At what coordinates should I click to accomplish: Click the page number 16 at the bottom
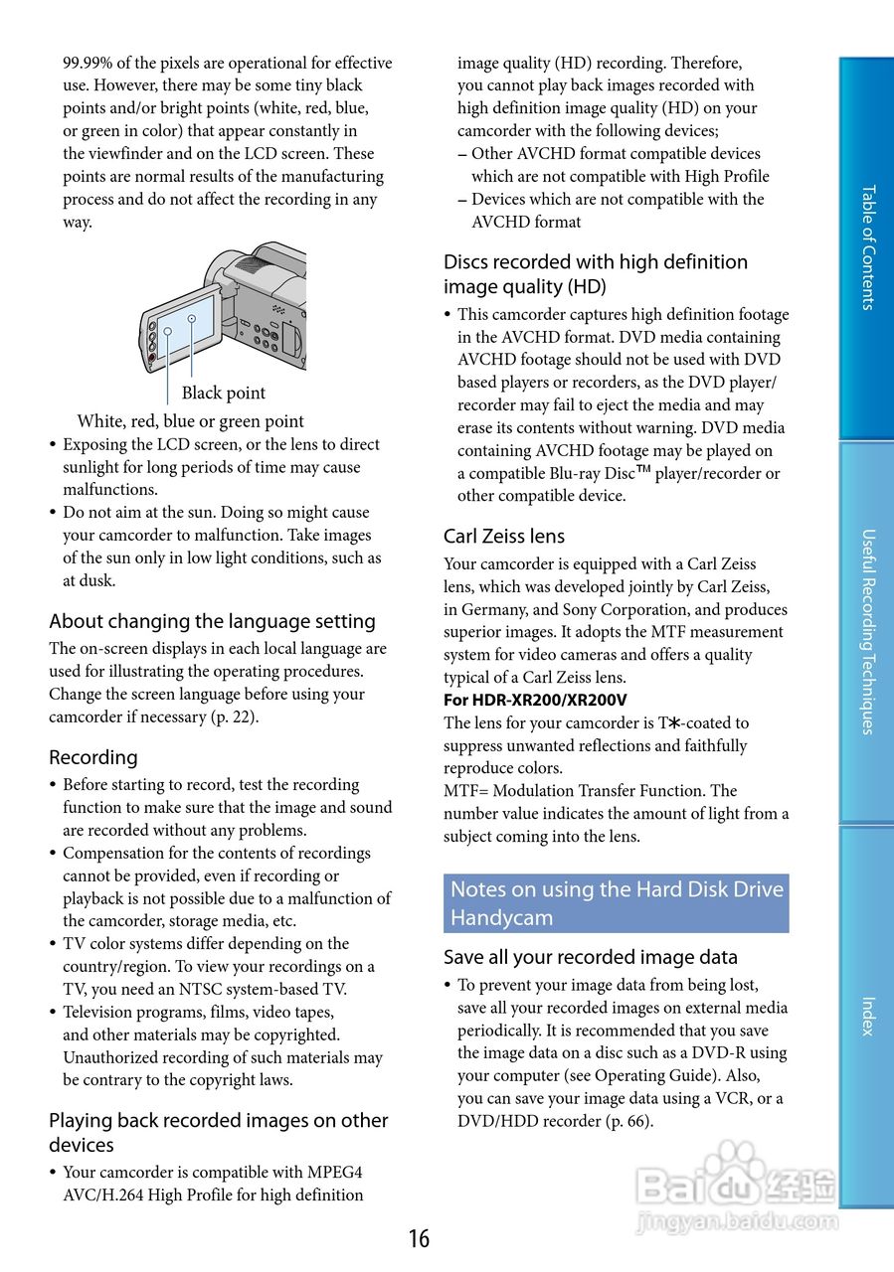[x=419, y=1238]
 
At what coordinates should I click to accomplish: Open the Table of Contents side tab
[x=867, y=247]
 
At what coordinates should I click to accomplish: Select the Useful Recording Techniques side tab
[x=867, y=631]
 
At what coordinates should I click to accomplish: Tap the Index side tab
[x=867, y=1016]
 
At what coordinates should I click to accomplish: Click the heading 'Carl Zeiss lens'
[x=503, y=537]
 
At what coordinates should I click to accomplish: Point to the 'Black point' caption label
[x=223, y=393]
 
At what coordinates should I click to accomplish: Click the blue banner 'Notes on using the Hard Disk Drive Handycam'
[x=616, y=903]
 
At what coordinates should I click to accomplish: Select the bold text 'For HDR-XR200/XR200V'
[x=535, y=700]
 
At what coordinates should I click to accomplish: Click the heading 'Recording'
[x=93, y=757]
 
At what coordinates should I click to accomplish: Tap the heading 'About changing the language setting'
[x=212, y=621]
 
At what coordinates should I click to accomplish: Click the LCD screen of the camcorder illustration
[x=185, y=327]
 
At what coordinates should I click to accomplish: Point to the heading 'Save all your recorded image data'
[x=590, y=957]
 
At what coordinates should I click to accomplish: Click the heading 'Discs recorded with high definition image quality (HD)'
[x=595, y=274]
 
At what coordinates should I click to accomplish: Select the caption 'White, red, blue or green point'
[x=190, y=420]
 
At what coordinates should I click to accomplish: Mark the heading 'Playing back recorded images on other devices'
[x=218, y=1132]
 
